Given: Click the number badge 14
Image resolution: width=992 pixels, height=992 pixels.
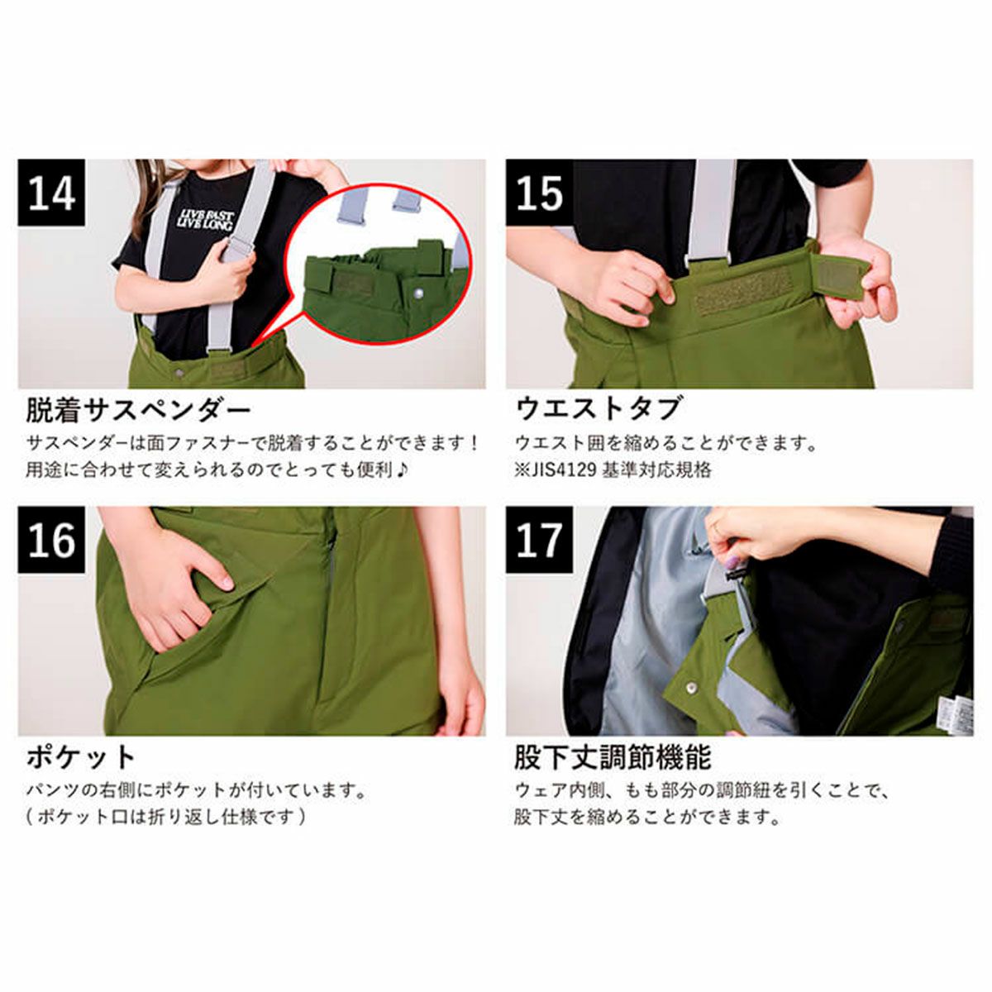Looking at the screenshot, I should [x=51, y=193].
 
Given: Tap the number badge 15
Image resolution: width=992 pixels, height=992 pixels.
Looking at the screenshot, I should [x=539, y=193].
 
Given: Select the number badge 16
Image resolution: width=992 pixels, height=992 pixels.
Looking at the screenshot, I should [x=51, y=541].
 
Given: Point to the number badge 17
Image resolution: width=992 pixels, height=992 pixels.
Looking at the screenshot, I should [x=539, y=541].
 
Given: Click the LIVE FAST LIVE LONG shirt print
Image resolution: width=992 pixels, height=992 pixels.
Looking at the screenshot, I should [x=207, y=222].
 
